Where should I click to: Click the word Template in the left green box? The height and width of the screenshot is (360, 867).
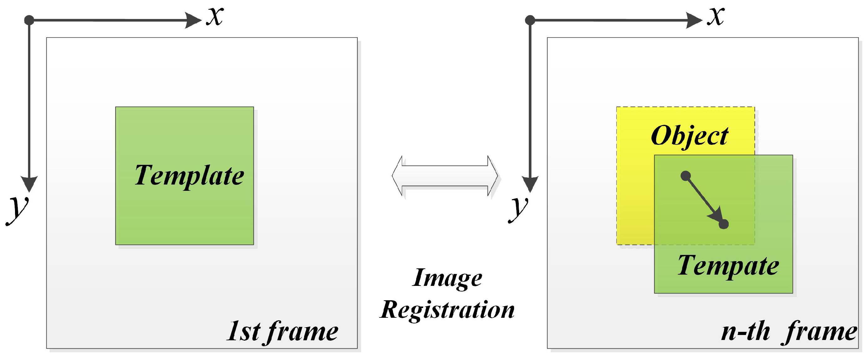tap(189, 176)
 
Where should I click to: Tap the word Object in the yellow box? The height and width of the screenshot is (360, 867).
tap(689, 136)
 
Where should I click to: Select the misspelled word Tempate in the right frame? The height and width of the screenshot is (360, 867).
tap(728, 266)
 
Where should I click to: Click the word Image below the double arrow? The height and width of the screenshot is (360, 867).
tap(447, 278)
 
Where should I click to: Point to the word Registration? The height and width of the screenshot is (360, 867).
tap(447, 310)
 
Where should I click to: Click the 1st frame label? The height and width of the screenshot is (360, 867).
tap(282, 332)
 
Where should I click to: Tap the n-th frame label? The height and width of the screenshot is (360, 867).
tap(789, 332)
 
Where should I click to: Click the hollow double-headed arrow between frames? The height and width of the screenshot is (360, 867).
tap(445, 176)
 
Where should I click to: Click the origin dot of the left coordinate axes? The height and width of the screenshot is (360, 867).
tap(29, 20)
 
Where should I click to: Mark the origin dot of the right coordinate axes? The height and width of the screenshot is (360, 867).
tap(530, 20)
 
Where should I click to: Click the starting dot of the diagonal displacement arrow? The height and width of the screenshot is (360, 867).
tap(686, 176)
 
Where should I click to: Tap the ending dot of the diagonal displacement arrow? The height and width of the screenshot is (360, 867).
tap(724, 224)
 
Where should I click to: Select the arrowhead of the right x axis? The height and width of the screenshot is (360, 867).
tap(694, 20)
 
